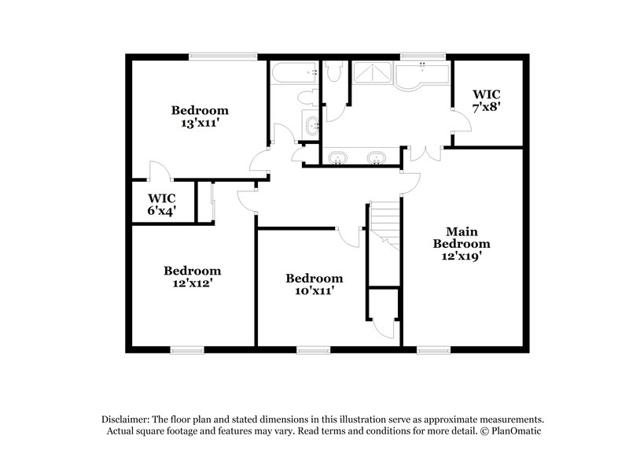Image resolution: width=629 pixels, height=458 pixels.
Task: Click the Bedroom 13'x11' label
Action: [x=200, y=116]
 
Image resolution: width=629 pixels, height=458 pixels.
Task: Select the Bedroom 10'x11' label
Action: [x=314, y=284]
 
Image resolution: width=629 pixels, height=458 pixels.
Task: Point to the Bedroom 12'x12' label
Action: [x=193, y=276]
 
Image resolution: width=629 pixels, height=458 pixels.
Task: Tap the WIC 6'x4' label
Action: [x=161, y=204]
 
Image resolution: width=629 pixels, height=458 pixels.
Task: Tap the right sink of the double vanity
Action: [x=376, y=157]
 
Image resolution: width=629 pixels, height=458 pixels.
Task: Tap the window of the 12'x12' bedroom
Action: [x=188, y=349]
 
